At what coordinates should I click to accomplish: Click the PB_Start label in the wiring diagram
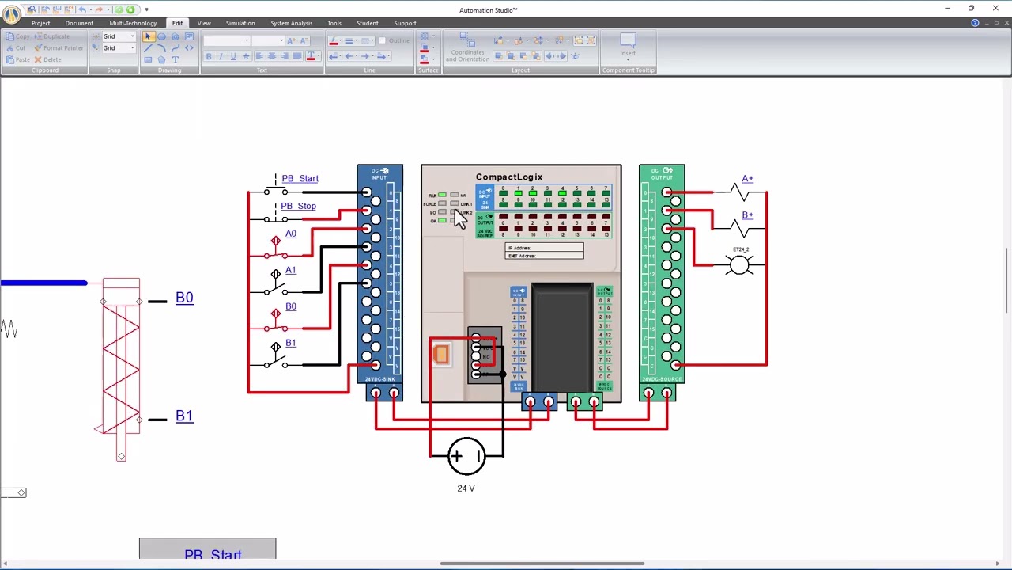coord(300,178)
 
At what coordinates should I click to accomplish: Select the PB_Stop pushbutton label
coord(298,206)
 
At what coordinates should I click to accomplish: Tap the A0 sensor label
coord(291,234)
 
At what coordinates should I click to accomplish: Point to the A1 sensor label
coord(291,270)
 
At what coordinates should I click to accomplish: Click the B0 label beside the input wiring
coord(291,306)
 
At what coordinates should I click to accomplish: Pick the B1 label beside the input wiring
coord(291,343)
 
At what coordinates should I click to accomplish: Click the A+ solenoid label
coord(747,179)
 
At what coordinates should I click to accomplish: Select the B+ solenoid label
coord(747,215)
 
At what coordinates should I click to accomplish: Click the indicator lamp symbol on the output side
coord(740,265)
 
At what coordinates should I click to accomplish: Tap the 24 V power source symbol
coord(466,456)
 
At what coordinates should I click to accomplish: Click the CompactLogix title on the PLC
coord(509,177)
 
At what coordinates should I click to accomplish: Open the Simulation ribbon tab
coord(240,23)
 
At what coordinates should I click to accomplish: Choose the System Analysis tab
coord(291,23)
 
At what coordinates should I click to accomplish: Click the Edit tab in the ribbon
coord(177,23)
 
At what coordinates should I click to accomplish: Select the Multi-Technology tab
coord(133,23)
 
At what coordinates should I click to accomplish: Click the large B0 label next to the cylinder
coord(184,298)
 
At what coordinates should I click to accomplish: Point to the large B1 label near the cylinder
coord(184,416)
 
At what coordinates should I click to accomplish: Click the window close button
coord(995,9)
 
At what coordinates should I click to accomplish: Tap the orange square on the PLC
coord(441,354)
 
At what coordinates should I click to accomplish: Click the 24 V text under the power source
coord(466,488)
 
